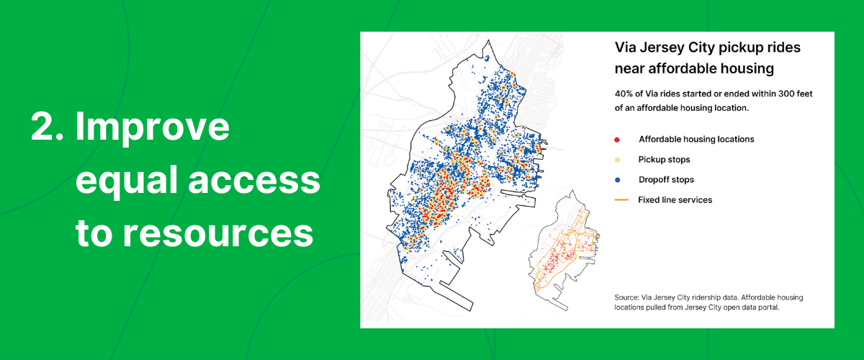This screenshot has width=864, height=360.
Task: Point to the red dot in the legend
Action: tap(618, 140)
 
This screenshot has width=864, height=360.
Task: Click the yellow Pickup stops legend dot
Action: tap(618, 160)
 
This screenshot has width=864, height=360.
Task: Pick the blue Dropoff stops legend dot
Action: tap(618, 180)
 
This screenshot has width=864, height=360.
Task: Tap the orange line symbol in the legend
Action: tap(618, 200)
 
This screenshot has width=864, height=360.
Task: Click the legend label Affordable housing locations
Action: tap(696, 140)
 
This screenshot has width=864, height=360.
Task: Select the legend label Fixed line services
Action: tap(675, 200)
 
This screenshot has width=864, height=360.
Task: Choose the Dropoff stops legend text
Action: tap(666, 180)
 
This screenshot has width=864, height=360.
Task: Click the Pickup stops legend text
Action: tap(664, 160)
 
